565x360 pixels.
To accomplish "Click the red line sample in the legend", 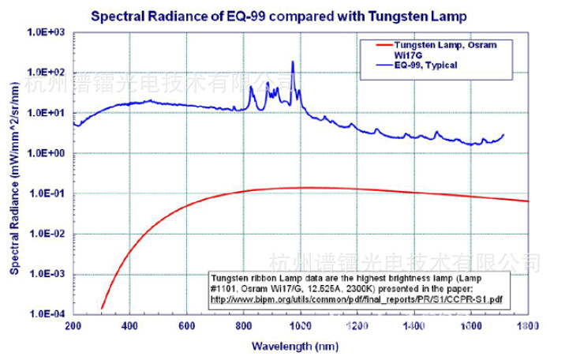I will coord(379,46).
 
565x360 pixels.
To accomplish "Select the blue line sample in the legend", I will coord(379,65).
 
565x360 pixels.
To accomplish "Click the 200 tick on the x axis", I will coord(73,325).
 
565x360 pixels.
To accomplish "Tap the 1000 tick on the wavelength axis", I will coord(300,325).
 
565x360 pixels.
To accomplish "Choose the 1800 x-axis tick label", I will coord(528,325).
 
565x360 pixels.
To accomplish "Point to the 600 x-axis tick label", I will coord(187,325).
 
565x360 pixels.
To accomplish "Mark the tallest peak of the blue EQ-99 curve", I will coord(293,62).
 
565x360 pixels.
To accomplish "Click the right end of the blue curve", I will coord(503,135).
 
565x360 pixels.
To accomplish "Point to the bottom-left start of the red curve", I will coord(102,308).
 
